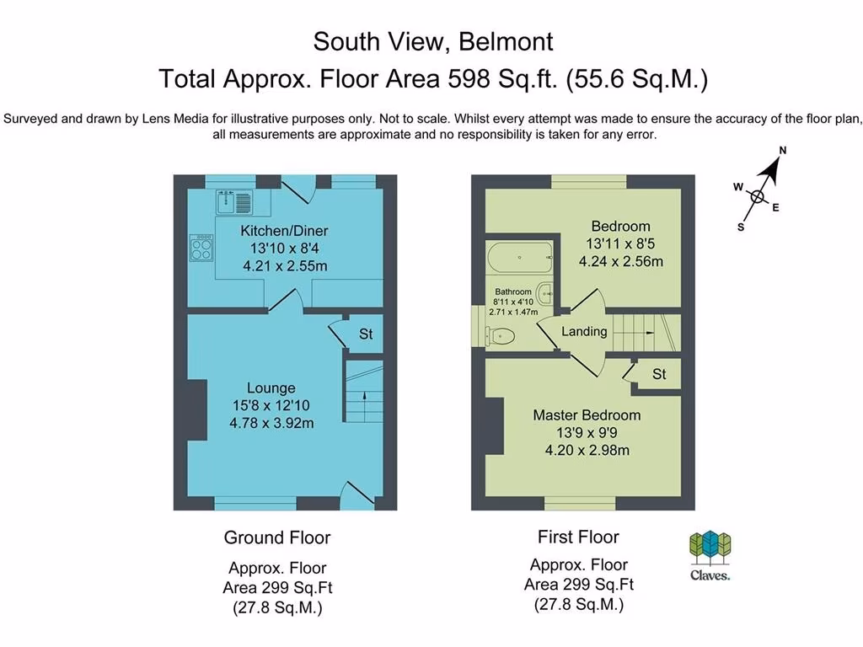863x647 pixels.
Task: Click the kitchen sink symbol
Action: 235,202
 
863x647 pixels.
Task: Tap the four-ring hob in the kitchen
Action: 201,246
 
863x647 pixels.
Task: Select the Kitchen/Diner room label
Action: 284,231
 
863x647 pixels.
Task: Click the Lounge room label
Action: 271,388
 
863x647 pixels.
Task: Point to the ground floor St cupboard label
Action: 366,334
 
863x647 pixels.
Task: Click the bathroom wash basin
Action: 545,293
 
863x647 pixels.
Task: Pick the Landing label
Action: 584,331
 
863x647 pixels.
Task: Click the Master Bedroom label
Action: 586,414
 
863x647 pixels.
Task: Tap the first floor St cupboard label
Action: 659,373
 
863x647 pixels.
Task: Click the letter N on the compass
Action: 782,151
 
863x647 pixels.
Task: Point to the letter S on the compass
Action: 740,227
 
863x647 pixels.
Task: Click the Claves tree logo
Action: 710,548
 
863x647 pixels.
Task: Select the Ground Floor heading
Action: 276,537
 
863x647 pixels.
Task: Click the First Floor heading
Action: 578,537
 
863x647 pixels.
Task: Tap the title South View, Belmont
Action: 432,40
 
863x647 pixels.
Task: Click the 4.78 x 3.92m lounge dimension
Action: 271,423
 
